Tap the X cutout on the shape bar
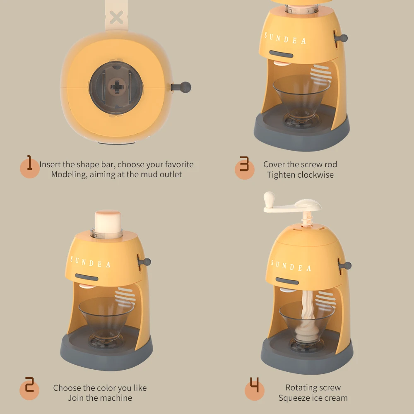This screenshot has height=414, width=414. (x=117, y=17)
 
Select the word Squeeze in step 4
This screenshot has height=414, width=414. (x=293, y=398)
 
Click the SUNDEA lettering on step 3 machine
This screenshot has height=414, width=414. (x=286, y=39)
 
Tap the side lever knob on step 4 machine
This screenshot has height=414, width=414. (x=347, y=266)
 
